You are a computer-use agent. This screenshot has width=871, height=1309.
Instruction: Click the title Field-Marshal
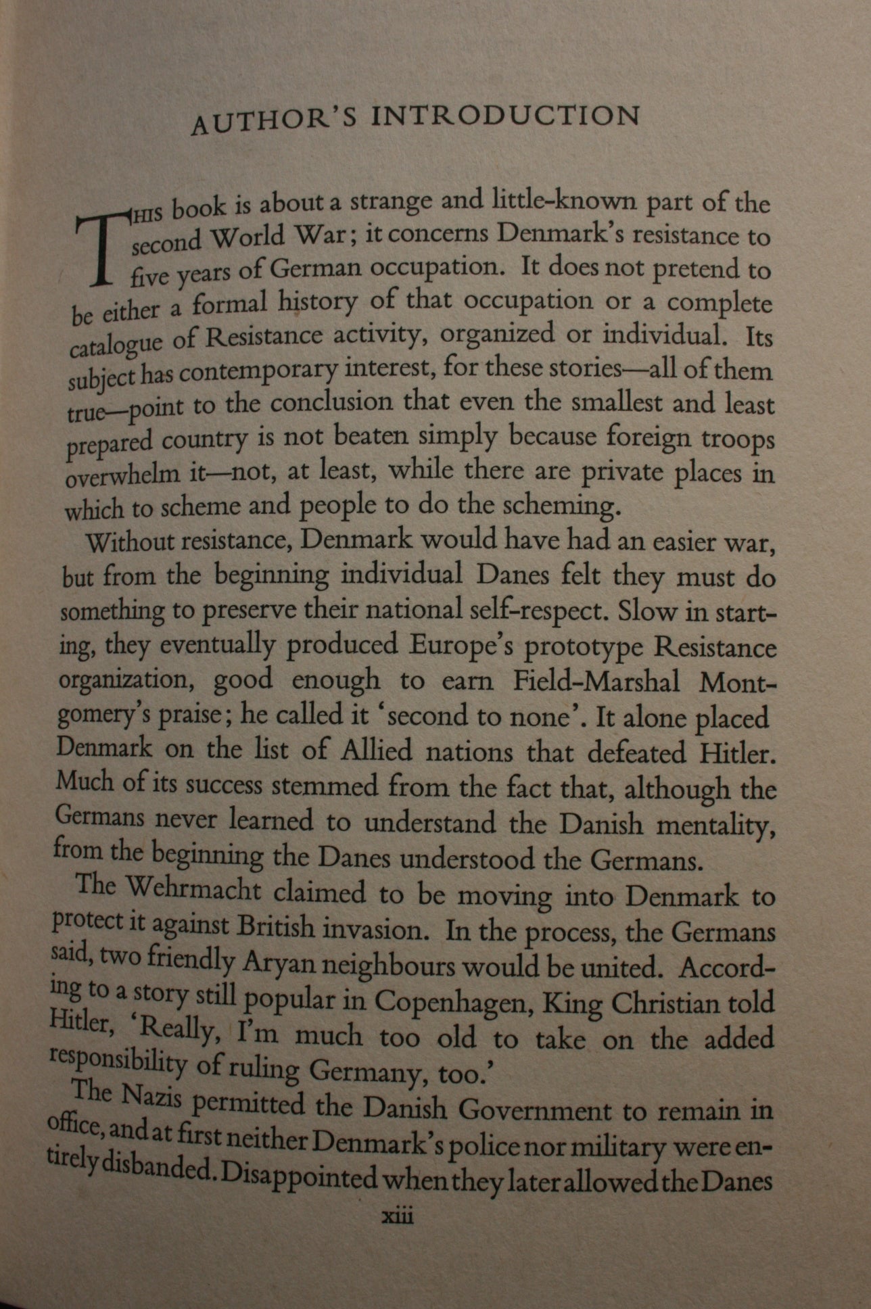pyautogui.click(x=596, y=682)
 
